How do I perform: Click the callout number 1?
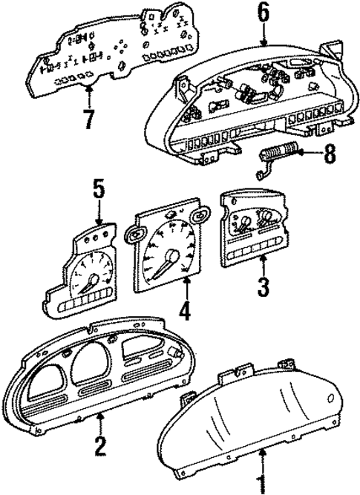click(x=260, y=484)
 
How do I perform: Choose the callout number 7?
click(x=89, y=117)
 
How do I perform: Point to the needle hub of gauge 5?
click(x=92, y=281)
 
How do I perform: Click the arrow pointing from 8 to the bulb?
click(x=308, y=154)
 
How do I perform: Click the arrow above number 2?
click(x=100, y=423)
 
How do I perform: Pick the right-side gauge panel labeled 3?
click(x=253, y=230)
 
